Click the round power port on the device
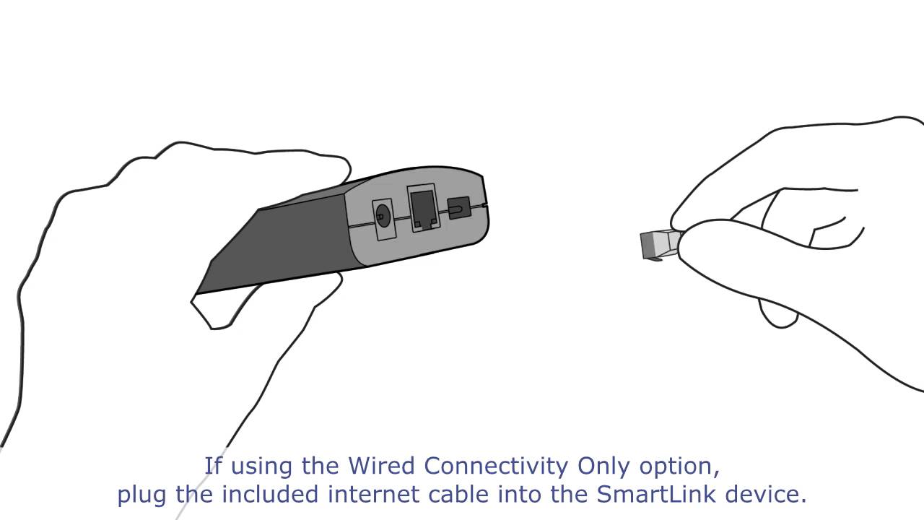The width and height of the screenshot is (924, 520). point(383,216)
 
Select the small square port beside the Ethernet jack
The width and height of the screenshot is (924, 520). point(458,209)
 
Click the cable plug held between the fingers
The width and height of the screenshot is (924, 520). point(658,245)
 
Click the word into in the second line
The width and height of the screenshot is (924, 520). point(533,495)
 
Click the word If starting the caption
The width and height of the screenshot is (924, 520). point(213,466)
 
